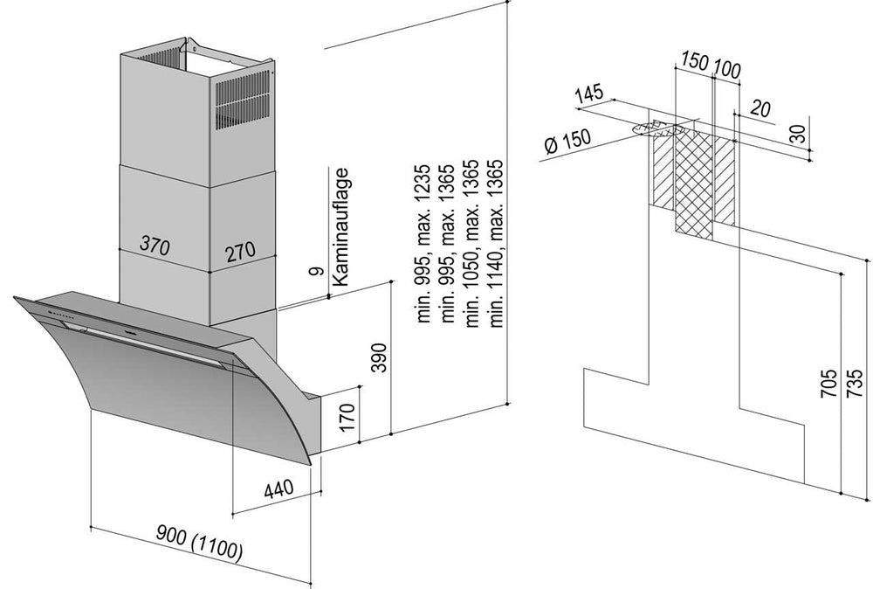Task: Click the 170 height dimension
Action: pos(347,418)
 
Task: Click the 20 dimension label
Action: pos(760,108)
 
